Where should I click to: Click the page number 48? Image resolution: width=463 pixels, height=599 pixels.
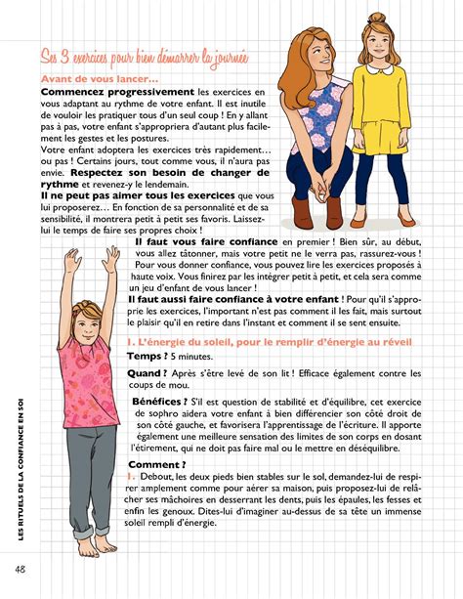coord(21,568)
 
